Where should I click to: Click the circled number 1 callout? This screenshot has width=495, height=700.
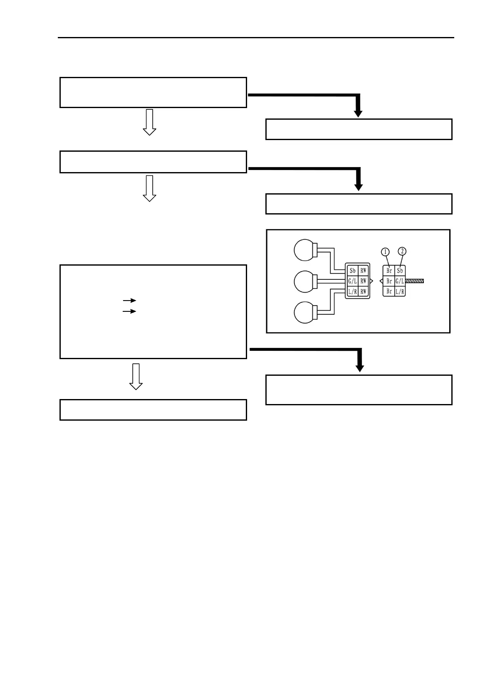[385, 252]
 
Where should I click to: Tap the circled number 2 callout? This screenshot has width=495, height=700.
[402, 251]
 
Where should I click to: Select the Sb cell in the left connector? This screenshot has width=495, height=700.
[352, 271]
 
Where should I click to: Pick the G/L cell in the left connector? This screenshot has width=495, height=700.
[352, 281]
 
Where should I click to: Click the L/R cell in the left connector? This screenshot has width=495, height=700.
[352, 292]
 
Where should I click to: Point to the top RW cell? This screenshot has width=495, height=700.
[364, 271]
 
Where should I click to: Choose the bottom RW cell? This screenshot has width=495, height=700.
[364, 292]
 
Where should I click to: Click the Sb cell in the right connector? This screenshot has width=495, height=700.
[400, 271]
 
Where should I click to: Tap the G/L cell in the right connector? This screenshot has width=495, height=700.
[400, 281]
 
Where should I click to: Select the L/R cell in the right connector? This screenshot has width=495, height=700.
[400, 292]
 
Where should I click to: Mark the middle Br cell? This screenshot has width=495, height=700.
[389, 281]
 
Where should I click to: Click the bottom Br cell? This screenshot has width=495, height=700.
[389, 292]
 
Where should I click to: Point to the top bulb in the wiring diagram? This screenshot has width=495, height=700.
[305, 250]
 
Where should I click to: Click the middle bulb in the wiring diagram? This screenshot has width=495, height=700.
[305, 281]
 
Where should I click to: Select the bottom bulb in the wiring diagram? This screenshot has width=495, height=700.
[305, 313]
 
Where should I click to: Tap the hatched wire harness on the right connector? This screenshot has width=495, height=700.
[414, 281]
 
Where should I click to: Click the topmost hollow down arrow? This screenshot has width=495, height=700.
[149, 122]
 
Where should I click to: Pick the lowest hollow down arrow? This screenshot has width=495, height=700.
[136, 377]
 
